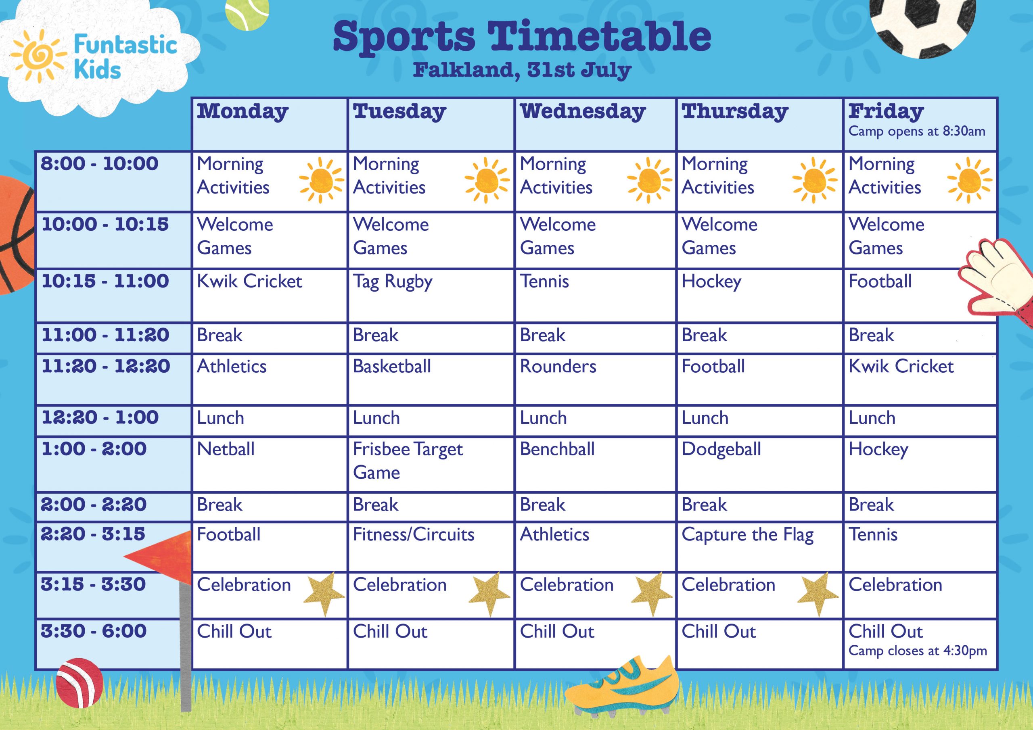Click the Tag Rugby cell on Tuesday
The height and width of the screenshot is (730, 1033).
click(431, 296)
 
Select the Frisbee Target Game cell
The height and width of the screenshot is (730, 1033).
click(431, 464)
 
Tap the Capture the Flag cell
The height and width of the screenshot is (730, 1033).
click(759, 547)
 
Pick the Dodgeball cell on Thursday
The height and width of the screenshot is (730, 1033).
click(759, 464)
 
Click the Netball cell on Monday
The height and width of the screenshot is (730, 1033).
click(270, 464)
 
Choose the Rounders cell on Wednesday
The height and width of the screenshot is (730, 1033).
click(595, 379)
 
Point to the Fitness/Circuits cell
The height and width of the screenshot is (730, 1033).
click(431, 547)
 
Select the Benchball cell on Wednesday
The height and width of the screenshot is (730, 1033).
click(595, 464)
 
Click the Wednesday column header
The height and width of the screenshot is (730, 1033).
click(595, 124)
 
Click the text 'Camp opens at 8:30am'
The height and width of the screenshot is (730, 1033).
click(917, 131)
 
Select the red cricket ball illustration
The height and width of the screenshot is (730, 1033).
click(79, 682)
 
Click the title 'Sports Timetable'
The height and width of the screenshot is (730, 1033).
click(522, 37)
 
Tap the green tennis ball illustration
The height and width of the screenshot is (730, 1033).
click(247, 13)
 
